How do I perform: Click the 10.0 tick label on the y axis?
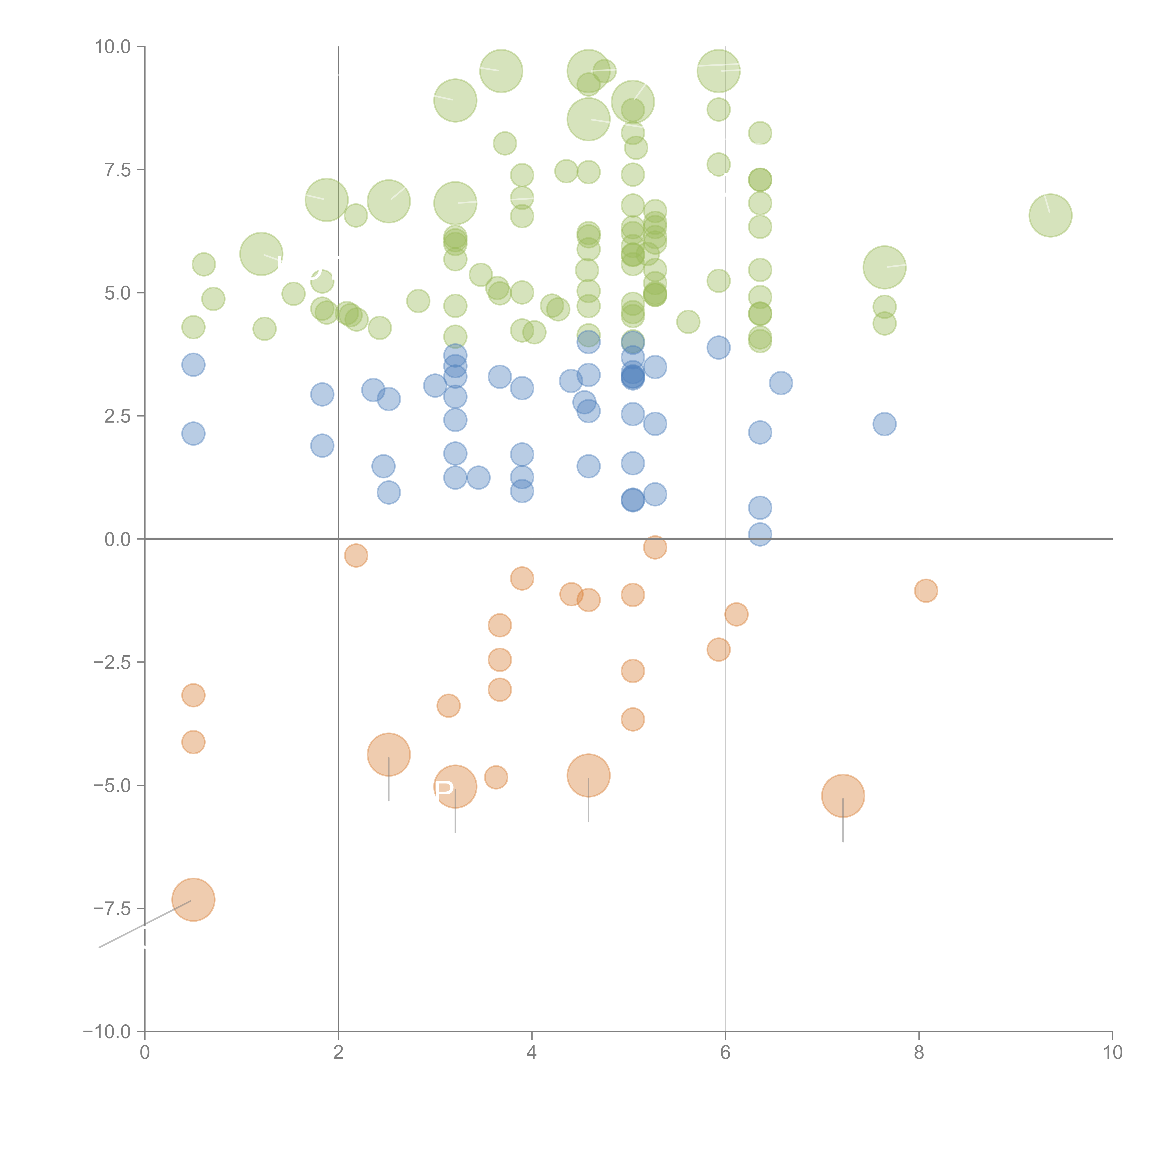pos(113,47)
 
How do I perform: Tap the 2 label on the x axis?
pos(338,1053)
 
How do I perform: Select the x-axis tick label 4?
pos(532,1053)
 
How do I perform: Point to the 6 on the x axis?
pos(725,1053)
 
